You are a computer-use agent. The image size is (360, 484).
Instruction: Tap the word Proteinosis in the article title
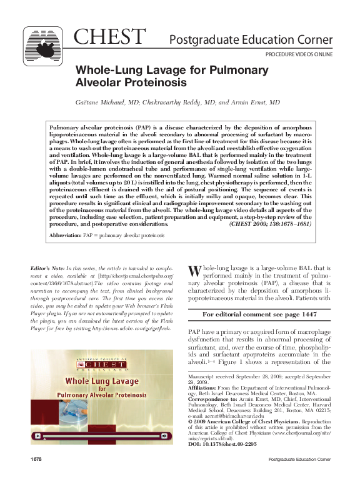pyautogui.click(x=150, y=82)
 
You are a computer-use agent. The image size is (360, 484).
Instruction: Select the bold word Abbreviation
pyautogui.click(x=65, y=236)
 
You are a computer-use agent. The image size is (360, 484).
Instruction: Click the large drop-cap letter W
pyautogui.click(x=194, y=270)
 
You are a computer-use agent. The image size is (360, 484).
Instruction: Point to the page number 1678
pyautogui.click(x=36, y=477)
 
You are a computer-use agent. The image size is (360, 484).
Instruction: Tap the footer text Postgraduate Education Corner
pyautogui.click(x=299, y=477)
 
